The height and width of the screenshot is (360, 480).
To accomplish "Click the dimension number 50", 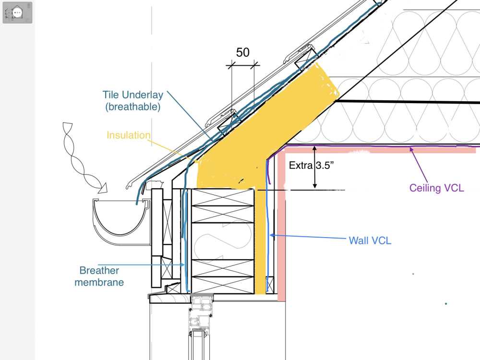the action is (x=243, y=52).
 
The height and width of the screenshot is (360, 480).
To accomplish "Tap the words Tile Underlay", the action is (x=133, y=95).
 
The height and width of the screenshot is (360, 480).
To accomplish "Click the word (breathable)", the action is (x=133, y=107).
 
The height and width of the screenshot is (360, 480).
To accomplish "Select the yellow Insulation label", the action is (x=129, y=135).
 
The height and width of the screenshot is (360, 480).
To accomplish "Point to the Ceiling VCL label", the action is (x=436, y=188).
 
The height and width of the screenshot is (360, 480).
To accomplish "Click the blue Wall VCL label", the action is (x=370, y=240).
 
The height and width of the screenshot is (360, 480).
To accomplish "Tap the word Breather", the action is (x=99, y=270).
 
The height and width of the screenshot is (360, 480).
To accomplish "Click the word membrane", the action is (x=99, y=282).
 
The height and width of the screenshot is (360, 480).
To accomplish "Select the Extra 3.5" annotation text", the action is (x=311, y=165).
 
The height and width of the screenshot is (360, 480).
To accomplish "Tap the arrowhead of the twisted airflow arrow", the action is (x=103, y=188).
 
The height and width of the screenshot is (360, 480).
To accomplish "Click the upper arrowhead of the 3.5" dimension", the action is (x=315, y=149).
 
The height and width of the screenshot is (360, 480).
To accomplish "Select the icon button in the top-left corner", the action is (x=17, y=12).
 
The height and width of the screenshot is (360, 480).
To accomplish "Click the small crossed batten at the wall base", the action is (x=270, y=284).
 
